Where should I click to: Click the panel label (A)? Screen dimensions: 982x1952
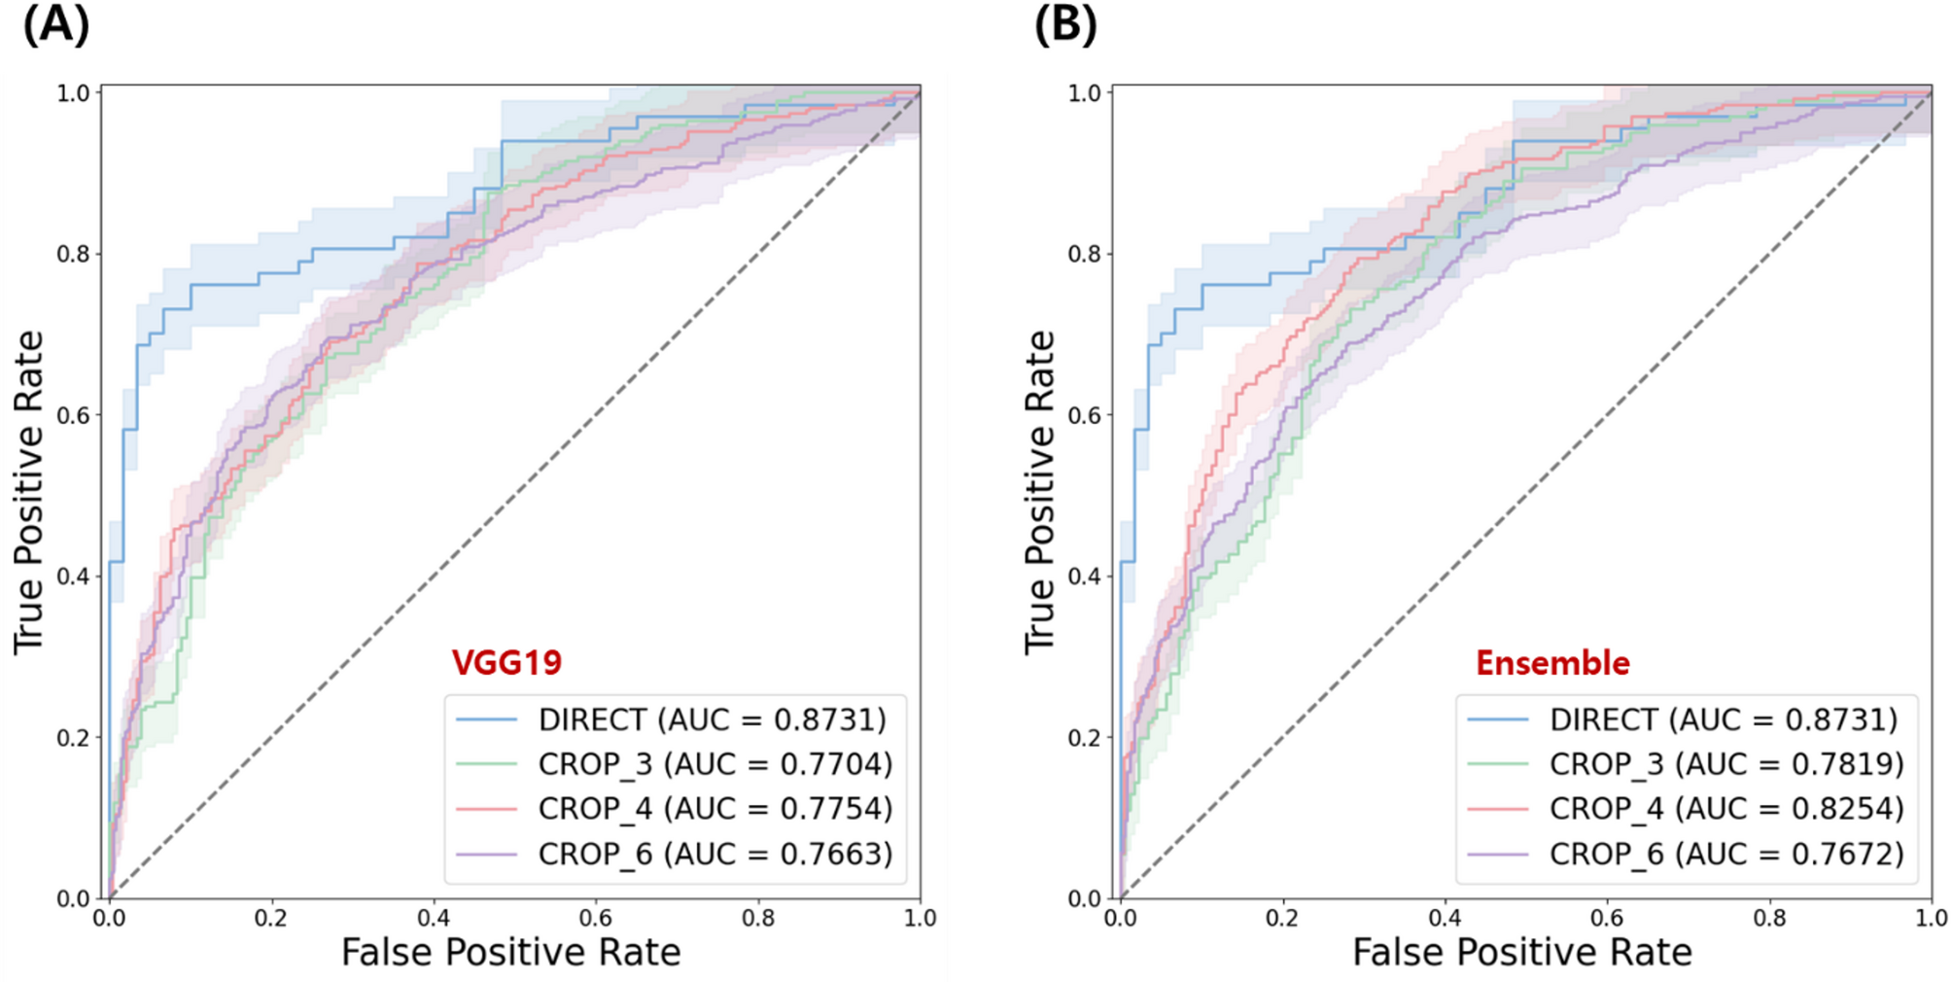click(55, 24)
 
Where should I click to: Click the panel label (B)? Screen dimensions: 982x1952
click(1065, 24)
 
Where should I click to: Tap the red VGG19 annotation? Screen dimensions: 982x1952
click(506, 663)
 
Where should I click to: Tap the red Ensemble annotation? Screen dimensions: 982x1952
click(1552, 663)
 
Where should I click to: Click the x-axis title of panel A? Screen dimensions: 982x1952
click(510, 952)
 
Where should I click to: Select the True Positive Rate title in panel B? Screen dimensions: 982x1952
click(1040, 492)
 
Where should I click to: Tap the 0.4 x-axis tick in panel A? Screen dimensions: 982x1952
click(434, 918)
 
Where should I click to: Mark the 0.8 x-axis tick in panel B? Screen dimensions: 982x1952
click(1769, 918)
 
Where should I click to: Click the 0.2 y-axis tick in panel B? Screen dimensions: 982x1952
click(1085, 738)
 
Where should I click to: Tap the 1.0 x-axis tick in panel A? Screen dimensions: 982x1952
click(920, 918)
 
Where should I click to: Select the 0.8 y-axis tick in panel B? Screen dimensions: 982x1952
click(1085, 254)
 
